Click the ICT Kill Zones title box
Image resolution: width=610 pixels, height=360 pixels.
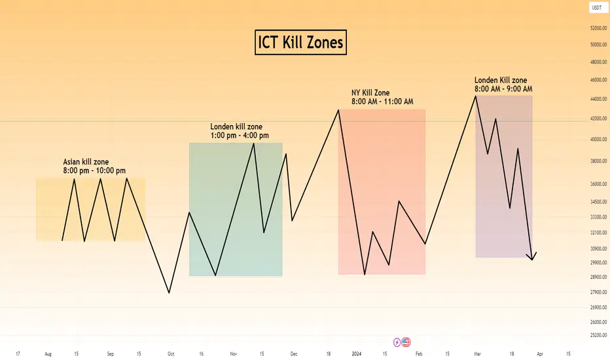pyautogui.click(x=300, y=43)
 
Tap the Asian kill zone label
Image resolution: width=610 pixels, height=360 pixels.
pyautogui.click(x=86, y=162)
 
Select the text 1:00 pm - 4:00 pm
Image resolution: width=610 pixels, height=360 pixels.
pyautogui.click(x=240, y=135)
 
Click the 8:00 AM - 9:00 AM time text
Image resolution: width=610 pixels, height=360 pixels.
pyautogui.click(x=503, y=89)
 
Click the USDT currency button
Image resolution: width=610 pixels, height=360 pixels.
pyautogui.click(x=596, y=8)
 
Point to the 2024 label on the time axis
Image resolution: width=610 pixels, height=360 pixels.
pyautogui.click(x=357, y=353)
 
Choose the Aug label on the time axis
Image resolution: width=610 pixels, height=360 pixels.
pyautogui.click(x=48, y=353)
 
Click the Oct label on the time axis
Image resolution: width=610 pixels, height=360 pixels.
pyautogui.click(x=170, y=353)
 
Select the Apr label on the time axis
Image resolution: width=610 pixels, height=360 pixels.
pyautogui.click(x=541, y=353)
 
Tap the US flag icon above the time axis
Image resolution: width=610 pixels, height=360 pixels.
pyautogui.click(x=406, y=342)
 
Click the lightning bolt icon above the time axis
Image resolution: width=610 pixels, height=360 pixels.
pyautogui.click(x=397, y=342)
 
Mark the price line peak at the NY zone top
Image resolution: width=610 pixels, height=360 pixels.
pyautogui.click(x=338, y=110)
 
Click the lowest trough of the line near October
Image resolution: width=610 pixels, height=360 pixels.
pyautogui.click(x=170, y=293)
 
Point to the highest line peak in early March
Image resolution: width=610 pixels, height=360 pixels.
pyautogui.click(x=475, y=96)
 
